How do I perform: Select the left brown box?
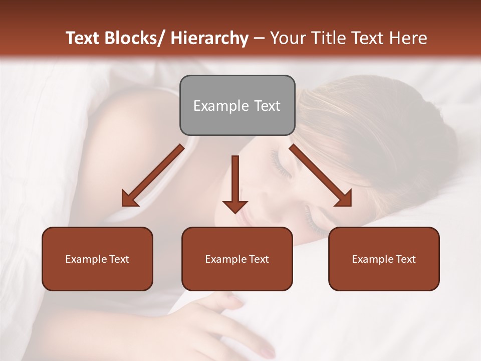(x=97, y=259)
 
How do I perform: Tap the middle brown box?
(x=237, y=259)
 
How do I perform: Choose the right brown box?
(x=384, y=259)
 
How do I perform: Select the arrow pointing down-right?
(x=321, y=175)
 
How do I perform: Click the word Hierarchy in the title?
(x=209, y=38)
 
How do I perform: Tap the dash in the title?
(x=259, y=38)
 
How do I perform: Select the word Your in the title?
(x=287, y=38)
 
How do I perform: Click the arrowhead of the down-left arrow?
(x=129, y=199)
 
